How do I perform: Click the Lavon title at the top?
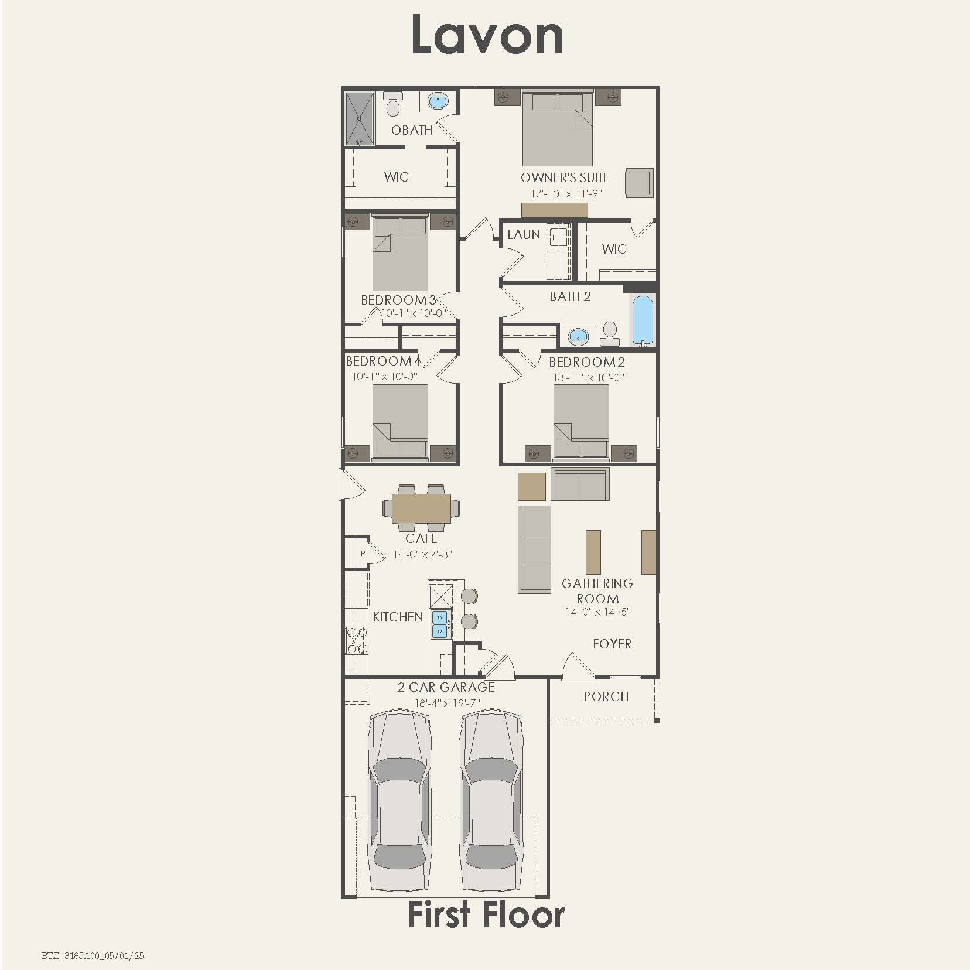[x=487, y=35]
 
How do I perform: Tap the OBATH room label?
[x=412, y=130]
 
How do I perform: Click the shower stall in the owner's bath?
[x=358, y=118]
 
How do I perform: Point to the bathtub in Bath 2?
[x=643, y=321]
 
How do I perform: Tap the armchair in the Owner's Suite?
[x=638, y=182]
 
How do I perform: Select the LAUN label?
[x=524, y=234]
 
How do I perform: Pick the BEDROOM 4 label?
[x=383, y=361]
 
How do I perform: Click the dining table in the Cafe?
[x=421, y=507]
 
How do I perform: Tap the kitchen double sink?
[x=439, y=624]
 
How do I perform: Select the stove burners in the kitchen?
[x=357, y=640]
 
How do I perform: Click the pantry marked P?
[x=363, y=553]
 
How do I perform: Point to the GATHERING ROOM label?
[x=597, y=590]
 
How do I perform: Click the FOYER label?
[x=612, y=644]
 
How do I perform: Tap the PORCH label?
[x=606, y=696]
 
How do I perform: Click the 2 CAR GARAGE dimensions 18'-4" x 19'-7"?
[x=447, y=703]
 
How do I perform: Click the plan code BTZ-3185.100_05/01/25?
[x=93, y=956]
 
